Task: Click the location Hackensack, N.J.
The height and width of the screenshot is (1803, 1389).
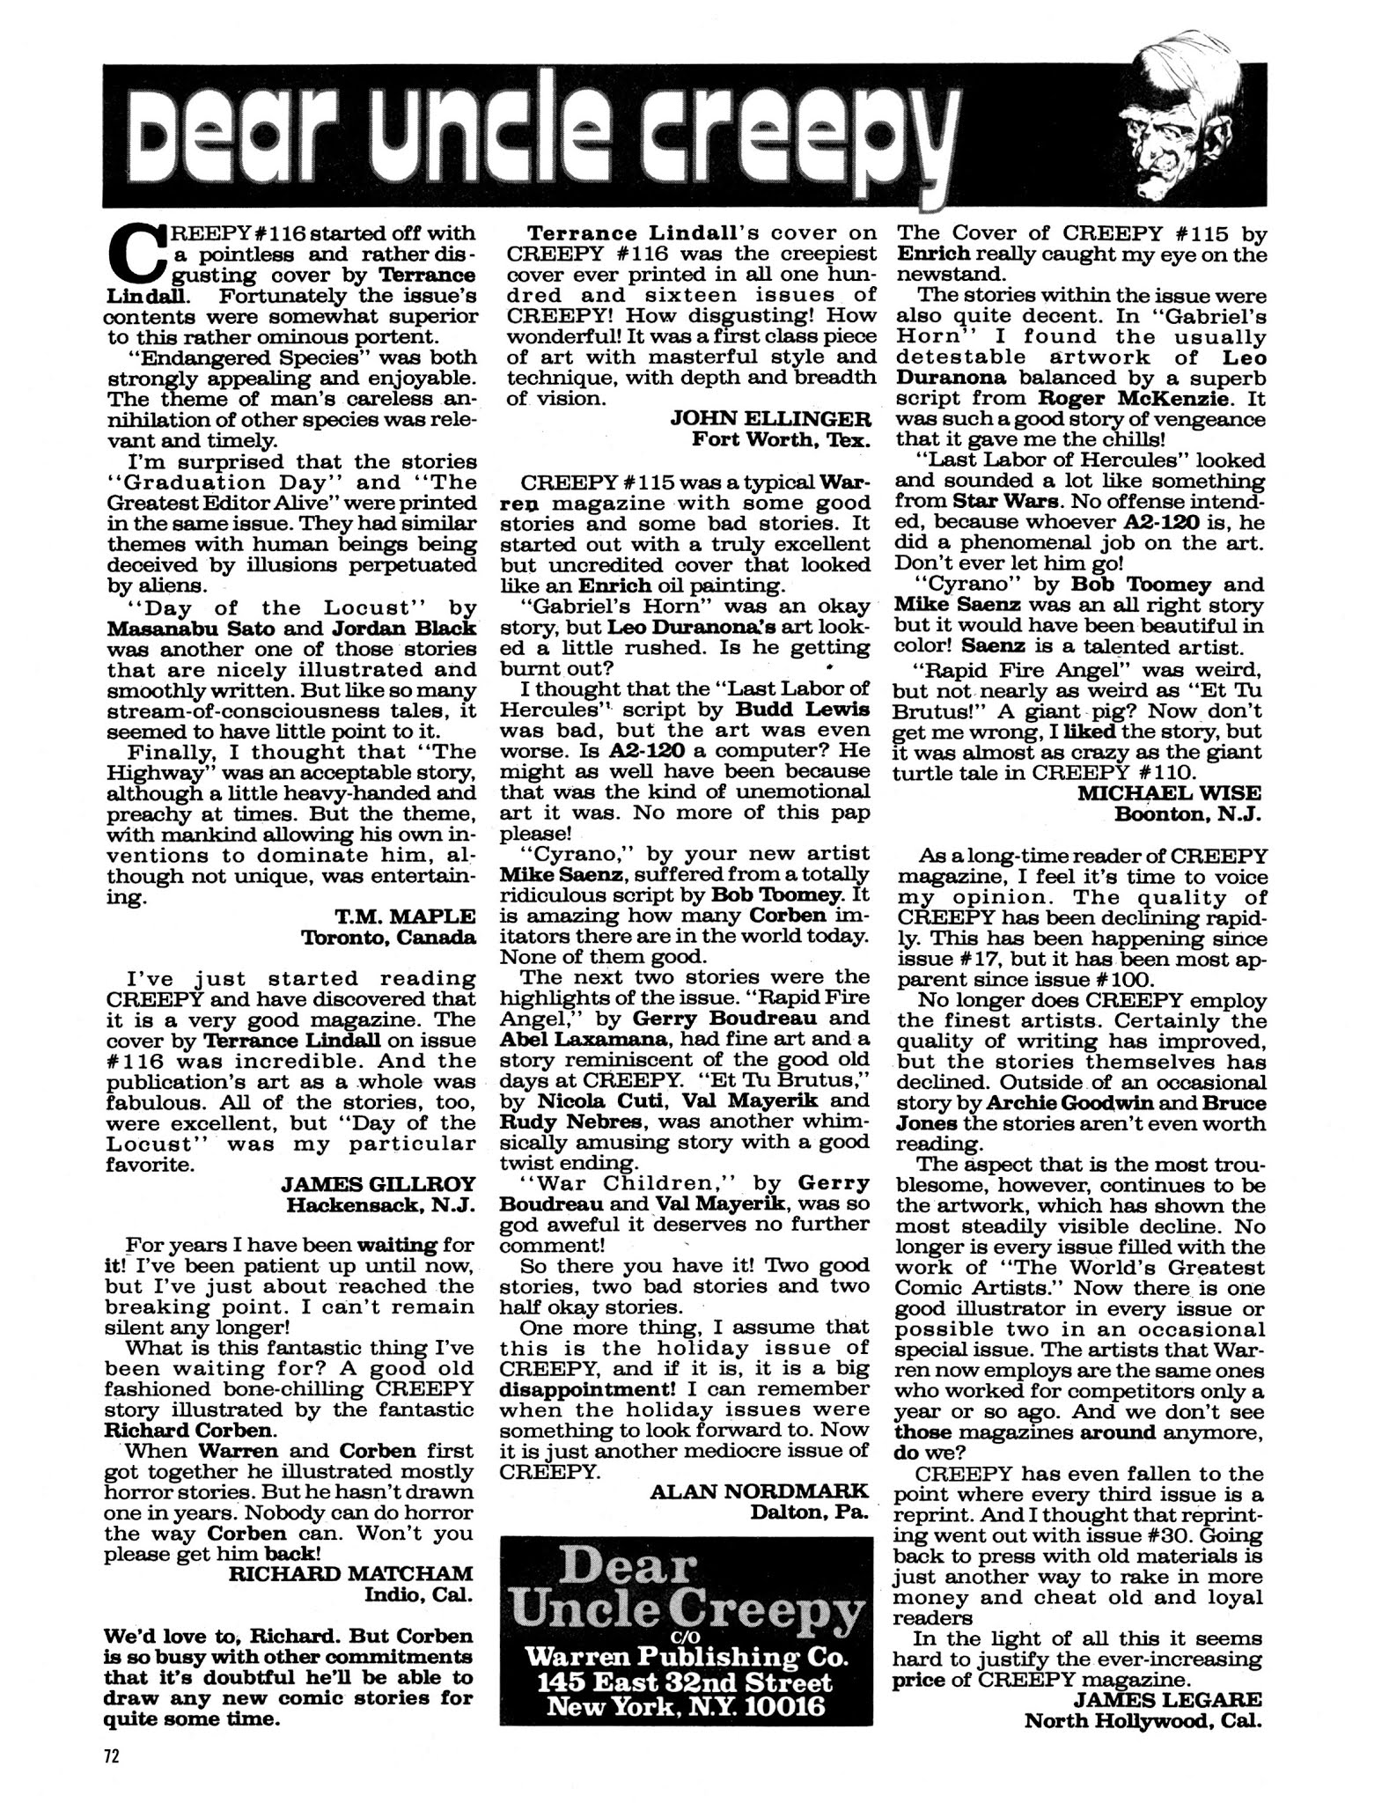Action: coord(380,1205)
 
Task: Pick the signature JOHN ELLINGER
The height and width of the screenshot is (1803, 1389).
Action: coord(770,418)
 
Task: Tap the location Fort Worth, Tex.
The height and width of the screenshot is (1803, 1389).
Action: coord(782,439)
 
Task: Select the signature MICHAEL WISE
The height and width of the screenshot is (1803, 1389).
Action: coord(1169,793)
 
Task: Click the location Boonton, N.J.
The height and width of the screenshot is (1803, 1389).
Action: coord(1187,814)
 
